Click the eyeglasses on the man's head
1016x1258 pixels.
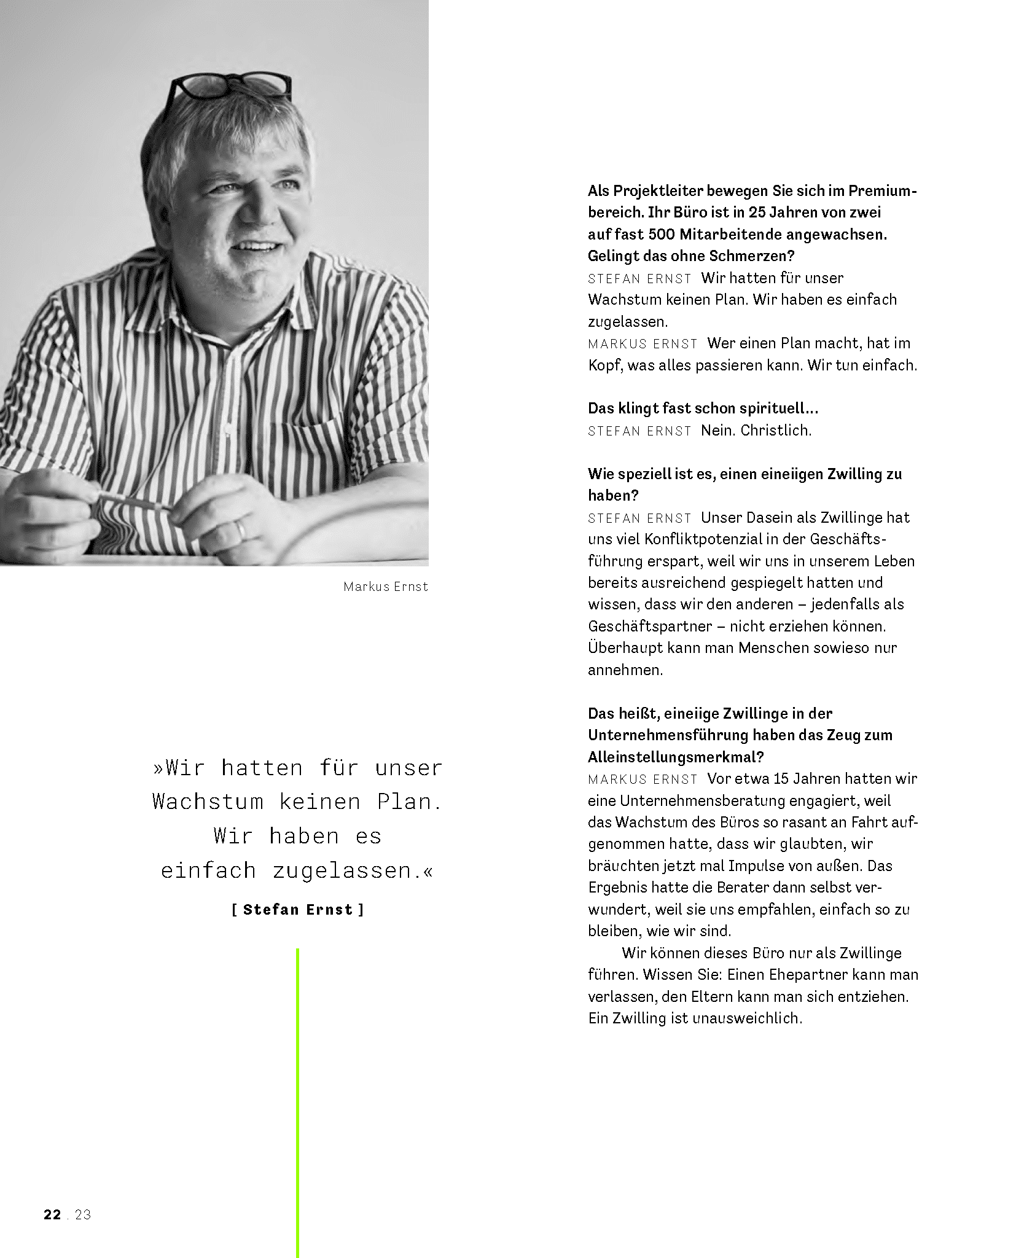click(232, 86)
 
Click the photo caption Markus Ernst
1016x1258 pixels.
click(385, 587)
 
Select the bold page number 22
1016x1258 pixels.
click(52, 1214)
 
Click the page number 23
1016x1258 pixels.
click(83, 1214)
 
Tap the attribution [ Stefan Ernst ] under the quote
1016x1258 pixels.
click(298, 910)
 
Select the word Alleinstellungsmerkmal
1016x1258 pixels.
click(676, 757)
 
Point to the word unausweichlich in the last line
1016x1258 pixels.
click(746, 1018)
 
